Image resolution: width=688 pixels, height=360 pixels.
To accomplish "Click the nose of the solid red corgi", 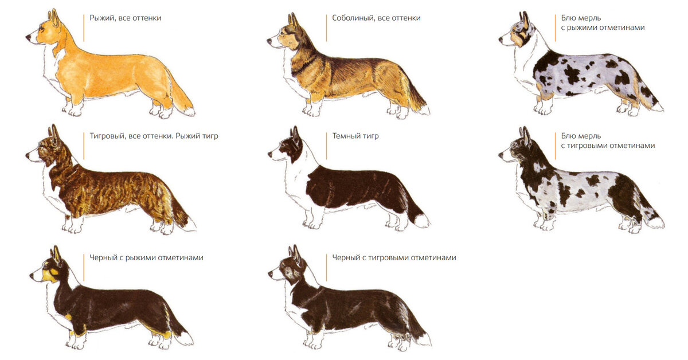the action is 28,38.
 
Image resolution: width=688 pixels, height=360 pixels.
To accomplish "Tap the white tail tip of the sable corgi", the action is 424,109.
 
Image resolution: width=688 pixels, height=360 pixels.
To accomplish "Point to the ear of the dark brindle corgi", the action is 295,135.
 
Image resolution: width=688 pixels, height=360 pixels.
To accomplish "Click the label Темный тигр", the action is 355,136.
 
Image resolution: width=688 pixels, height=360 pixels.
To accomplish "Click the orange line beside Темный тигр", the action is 326,146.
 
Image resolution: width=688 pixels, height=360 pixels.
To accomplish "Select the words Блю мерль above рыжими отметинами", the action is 581,18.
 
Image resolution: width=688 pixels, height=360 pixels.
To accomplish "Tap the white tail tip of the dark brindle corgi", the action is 423,221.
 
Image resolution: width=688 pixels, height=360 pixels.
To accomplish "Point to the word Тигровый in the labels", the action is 107,136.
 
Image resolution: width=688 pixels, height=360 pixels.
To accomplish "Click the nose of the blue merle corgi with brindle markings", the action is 501,155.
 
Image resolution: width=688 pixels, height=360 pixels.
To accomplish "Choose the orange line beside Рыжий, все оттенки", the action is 84,28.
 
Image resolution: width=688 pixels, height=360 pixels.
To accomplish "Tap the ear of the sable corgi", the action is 293,21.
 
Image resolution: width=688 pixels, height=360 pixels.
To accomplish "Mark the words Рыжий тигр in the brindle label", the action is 197,136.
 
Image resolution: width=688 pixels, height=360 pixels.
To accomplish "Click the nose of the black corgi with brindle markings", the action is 270,274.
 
